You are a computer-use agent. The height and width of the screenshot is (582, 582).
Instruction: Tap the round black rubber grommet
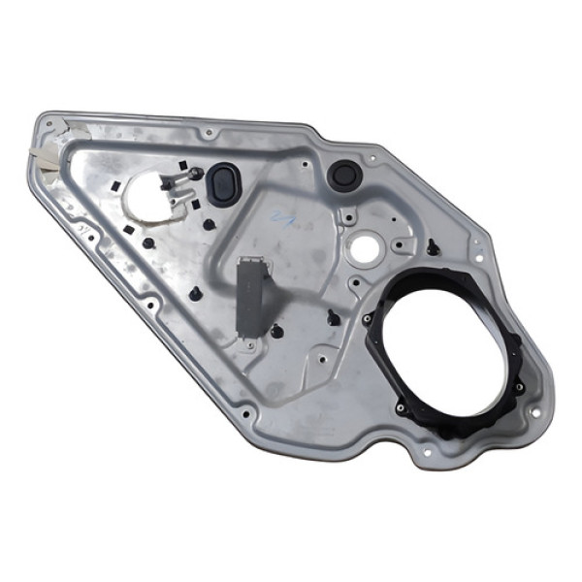(x=344, y=176)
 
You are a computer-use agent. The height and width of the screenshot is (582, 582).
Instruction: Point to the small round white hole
(x=364, y=248)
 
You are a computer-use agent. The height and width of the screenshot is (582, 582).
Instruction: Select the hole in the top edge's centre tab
(x=208, y=132)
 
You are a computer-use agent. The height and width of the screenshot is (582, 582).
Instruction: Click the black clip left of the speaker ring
(x=335, y=316)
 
